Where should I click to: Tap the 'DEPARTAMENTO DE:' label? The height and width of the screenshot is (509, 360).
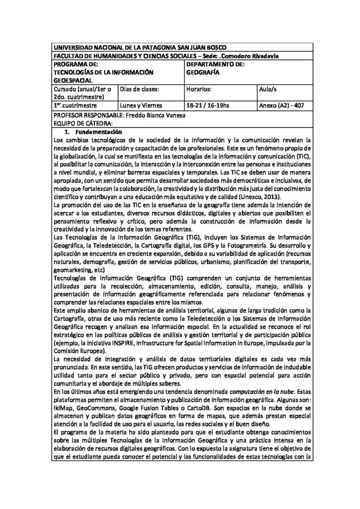pos(215,64)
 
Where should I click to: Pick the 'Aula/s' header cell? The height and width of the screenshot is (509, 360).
pos(269,88)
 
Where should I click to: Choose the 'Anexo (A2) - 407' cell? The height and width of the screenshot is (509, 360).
pos(282,105)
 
